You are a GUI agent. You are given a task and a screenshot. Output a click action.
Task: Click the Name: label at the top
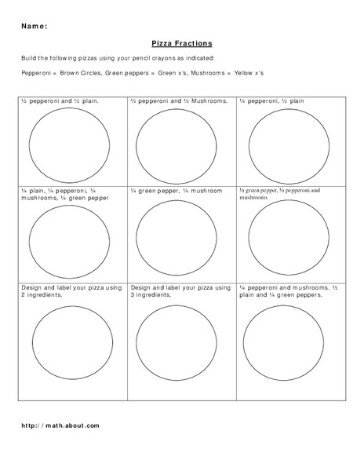(34, 26)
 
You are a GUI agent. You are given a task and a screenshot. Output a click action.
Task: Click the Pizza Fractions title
(182, 45)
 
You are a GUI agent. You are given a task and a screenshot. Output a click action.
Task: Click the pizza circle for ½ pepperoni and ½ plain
(69, 142)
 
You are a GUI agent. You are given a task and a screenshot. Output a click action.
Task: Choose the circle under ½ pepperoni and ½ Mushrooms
(177, 142)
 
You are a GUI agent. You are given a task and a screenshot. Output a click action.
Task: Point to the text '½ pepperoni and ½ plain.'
(60, 102)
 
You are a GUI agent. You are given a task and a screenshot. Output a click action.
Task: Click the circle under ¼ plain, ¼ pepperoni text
(69, 235)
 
